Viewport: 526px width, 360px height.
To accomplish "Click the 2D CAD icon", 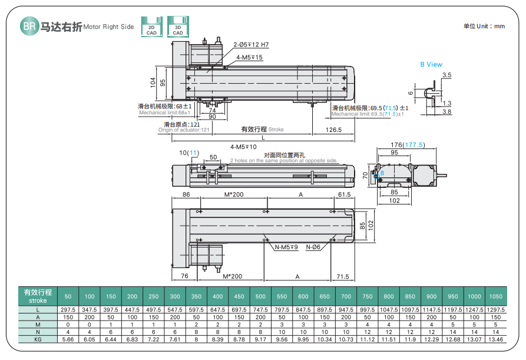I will (151, 27).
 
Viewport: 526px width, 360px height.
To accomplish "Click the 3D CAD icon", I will (177, 27).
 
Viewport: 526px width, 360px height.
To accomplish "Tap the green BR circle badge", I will (29, 26).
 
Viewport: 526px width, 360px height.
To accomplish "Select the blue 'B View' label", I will (431, 64).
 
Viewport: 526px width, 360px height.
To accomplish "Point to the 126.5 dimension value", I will (333, 130).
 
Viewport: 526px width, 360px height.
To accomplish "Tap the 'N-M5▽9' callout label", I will (286, 248).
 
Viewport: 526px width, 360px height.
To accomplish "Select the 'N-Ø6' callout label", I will (313, 248).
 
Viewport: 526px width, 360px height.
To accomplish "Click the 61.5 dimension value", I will (344, 194).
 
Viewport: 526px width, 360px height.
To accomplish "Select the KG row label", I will (38, 339).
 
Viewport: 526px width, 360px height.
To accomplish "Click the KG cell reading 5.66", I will (68, 339).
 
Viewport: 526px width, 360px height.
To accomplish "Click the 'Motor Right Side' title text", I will (109, 27).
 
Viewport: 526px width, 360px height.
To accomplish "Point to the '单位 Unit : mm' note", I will (484, 27).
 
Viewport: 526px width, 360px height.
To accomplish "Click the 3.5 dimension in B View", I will (446, 75).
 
